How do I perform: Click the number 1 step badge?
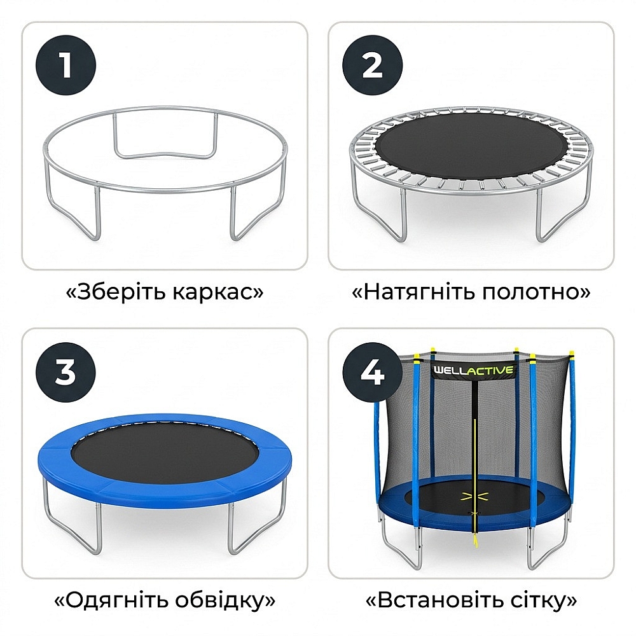coord(66,66)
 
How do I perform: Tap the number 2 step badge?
coord(372,66)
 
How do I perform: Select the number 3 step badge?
coord(66,372)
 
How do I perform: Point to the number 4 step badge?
coord(372,372)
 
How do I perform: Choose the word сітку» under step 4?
coord(540,600)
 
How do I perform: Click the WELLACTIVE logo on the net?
coord(473,370)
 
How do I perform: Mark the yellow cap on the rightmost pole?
coord(572,356)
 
